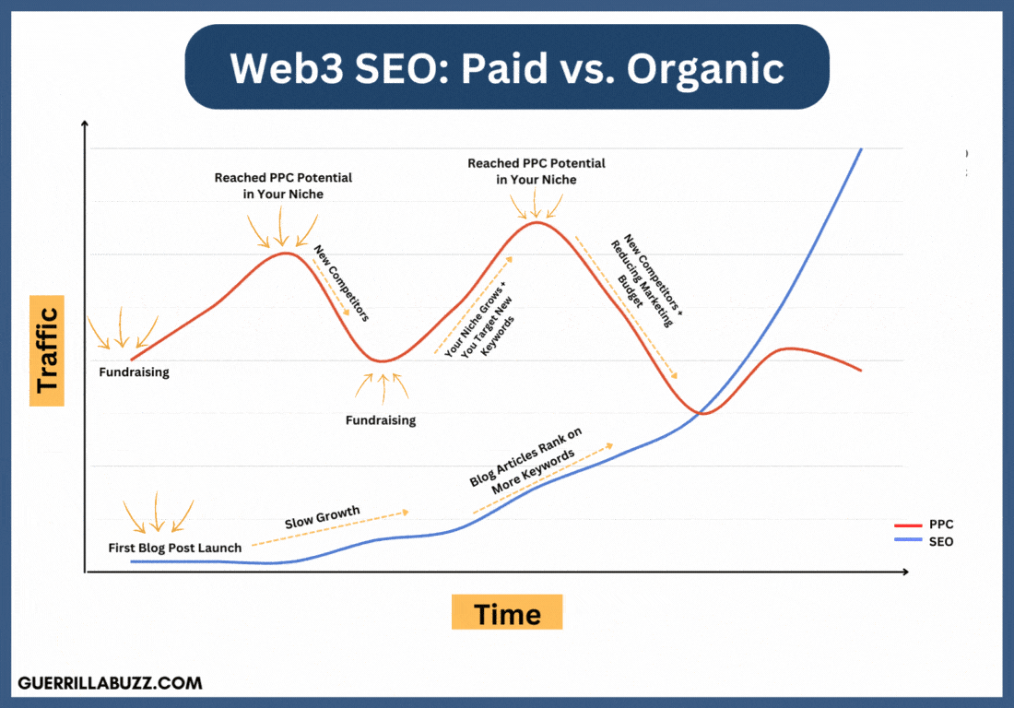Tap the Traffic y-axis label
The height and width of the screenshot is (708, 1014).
(47, 350)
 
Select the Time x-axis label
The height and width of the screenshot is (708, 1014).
(507, 613)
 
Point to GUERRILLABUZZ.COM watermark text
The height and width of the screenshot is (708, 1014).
(110, 683)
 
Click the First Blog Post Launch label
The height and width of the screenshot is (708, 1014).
(175, 548)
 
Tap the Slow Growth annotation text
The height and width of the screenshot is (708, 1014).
(322, 517)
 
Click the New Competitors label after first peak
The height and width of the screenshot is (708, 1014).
(341, 283)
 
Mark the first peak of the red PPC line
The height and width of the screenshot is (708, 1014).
(288, 253)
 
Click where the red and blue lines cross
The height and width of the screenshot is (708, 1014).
(705, 412)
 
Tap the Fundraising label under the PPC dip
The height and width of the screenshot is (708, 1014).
(381, 420)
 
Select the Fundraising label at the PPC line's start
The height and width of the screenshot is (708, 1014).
(135, 373)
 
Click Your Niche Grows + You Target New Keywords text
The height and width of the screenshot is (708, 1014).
(479, 313)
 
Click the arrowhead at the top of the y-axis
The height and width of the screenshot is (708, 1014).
(85, 124)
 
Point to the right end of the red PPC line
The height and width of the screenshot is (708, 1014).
(861, 371)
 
